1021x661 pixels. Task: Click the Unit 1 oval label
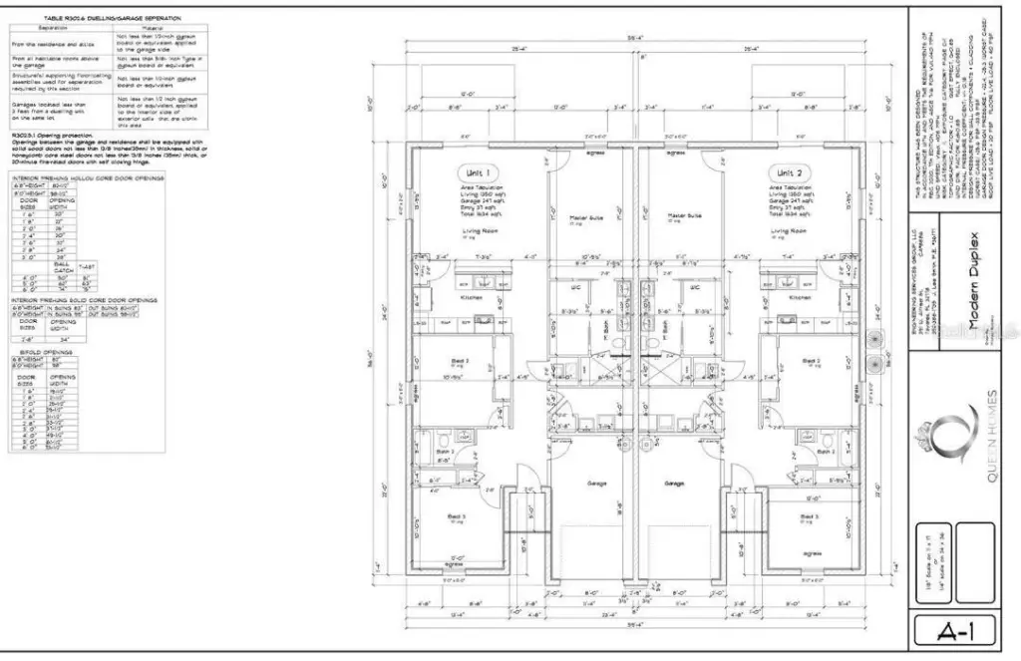(484, 172)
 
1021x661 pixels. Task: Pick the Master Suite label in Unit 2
(685, 215)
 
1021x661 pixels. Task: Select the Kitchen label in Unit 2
(800, 297)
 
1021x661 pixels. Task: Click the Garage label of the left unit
(596, 484)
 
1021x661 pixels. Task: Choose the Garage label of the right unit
(675, 484)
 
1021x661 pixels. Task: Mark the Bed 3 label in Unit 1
(457, 516)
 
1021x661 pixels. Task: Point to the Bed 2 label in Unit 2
(811, 360)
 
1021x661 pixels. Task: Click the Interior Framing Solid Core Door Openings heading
(83, 299)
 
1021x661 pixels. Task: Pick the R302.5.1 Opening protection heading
(52, 133)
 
